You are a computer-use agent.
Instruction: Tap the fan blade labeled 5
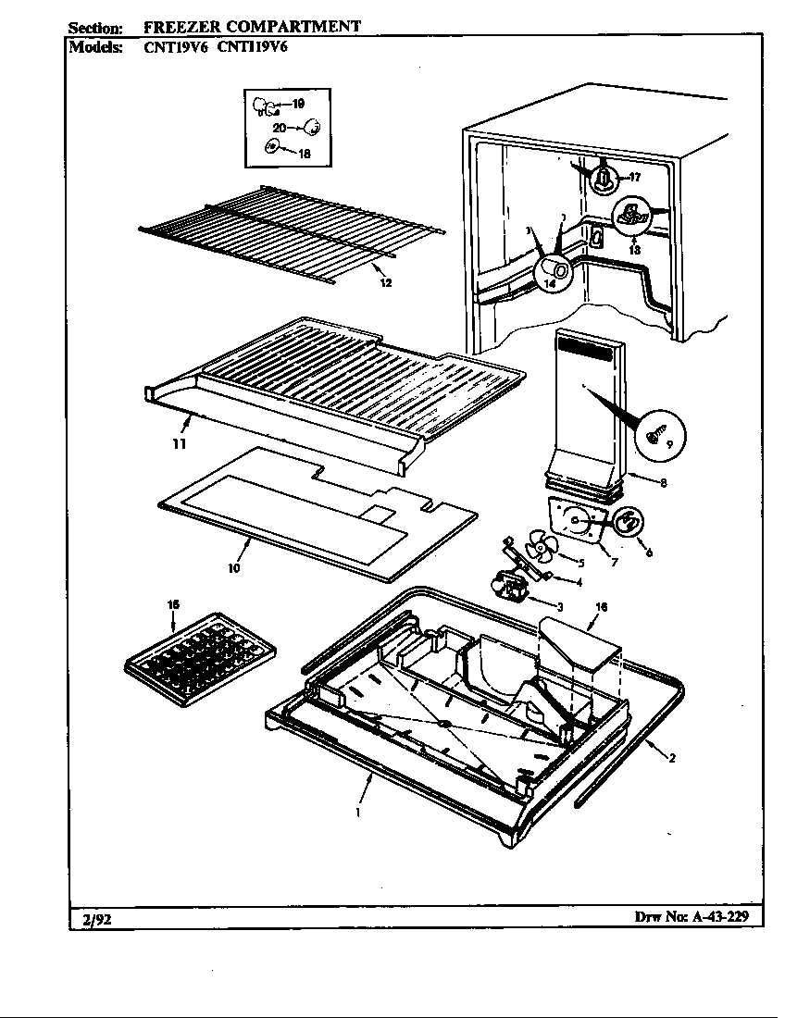tap(537, 550)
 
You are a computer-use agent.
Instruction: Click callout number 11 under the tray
tap(179, 444)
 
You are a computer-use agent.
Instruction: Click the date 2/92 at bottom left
tap(90, 919)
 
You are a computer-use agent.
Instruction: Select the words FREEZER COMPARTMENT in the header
tap(252, 26)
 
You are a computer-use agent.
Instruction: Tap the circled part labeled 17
tap(604, 175)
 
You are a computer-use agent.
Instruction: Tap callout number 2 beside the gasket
tap(671, 759)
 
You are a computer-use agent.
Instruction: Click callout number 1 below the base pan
tap(357, 813)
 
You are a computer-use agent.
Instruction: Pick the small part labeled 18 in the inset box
tap(273, 145)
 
